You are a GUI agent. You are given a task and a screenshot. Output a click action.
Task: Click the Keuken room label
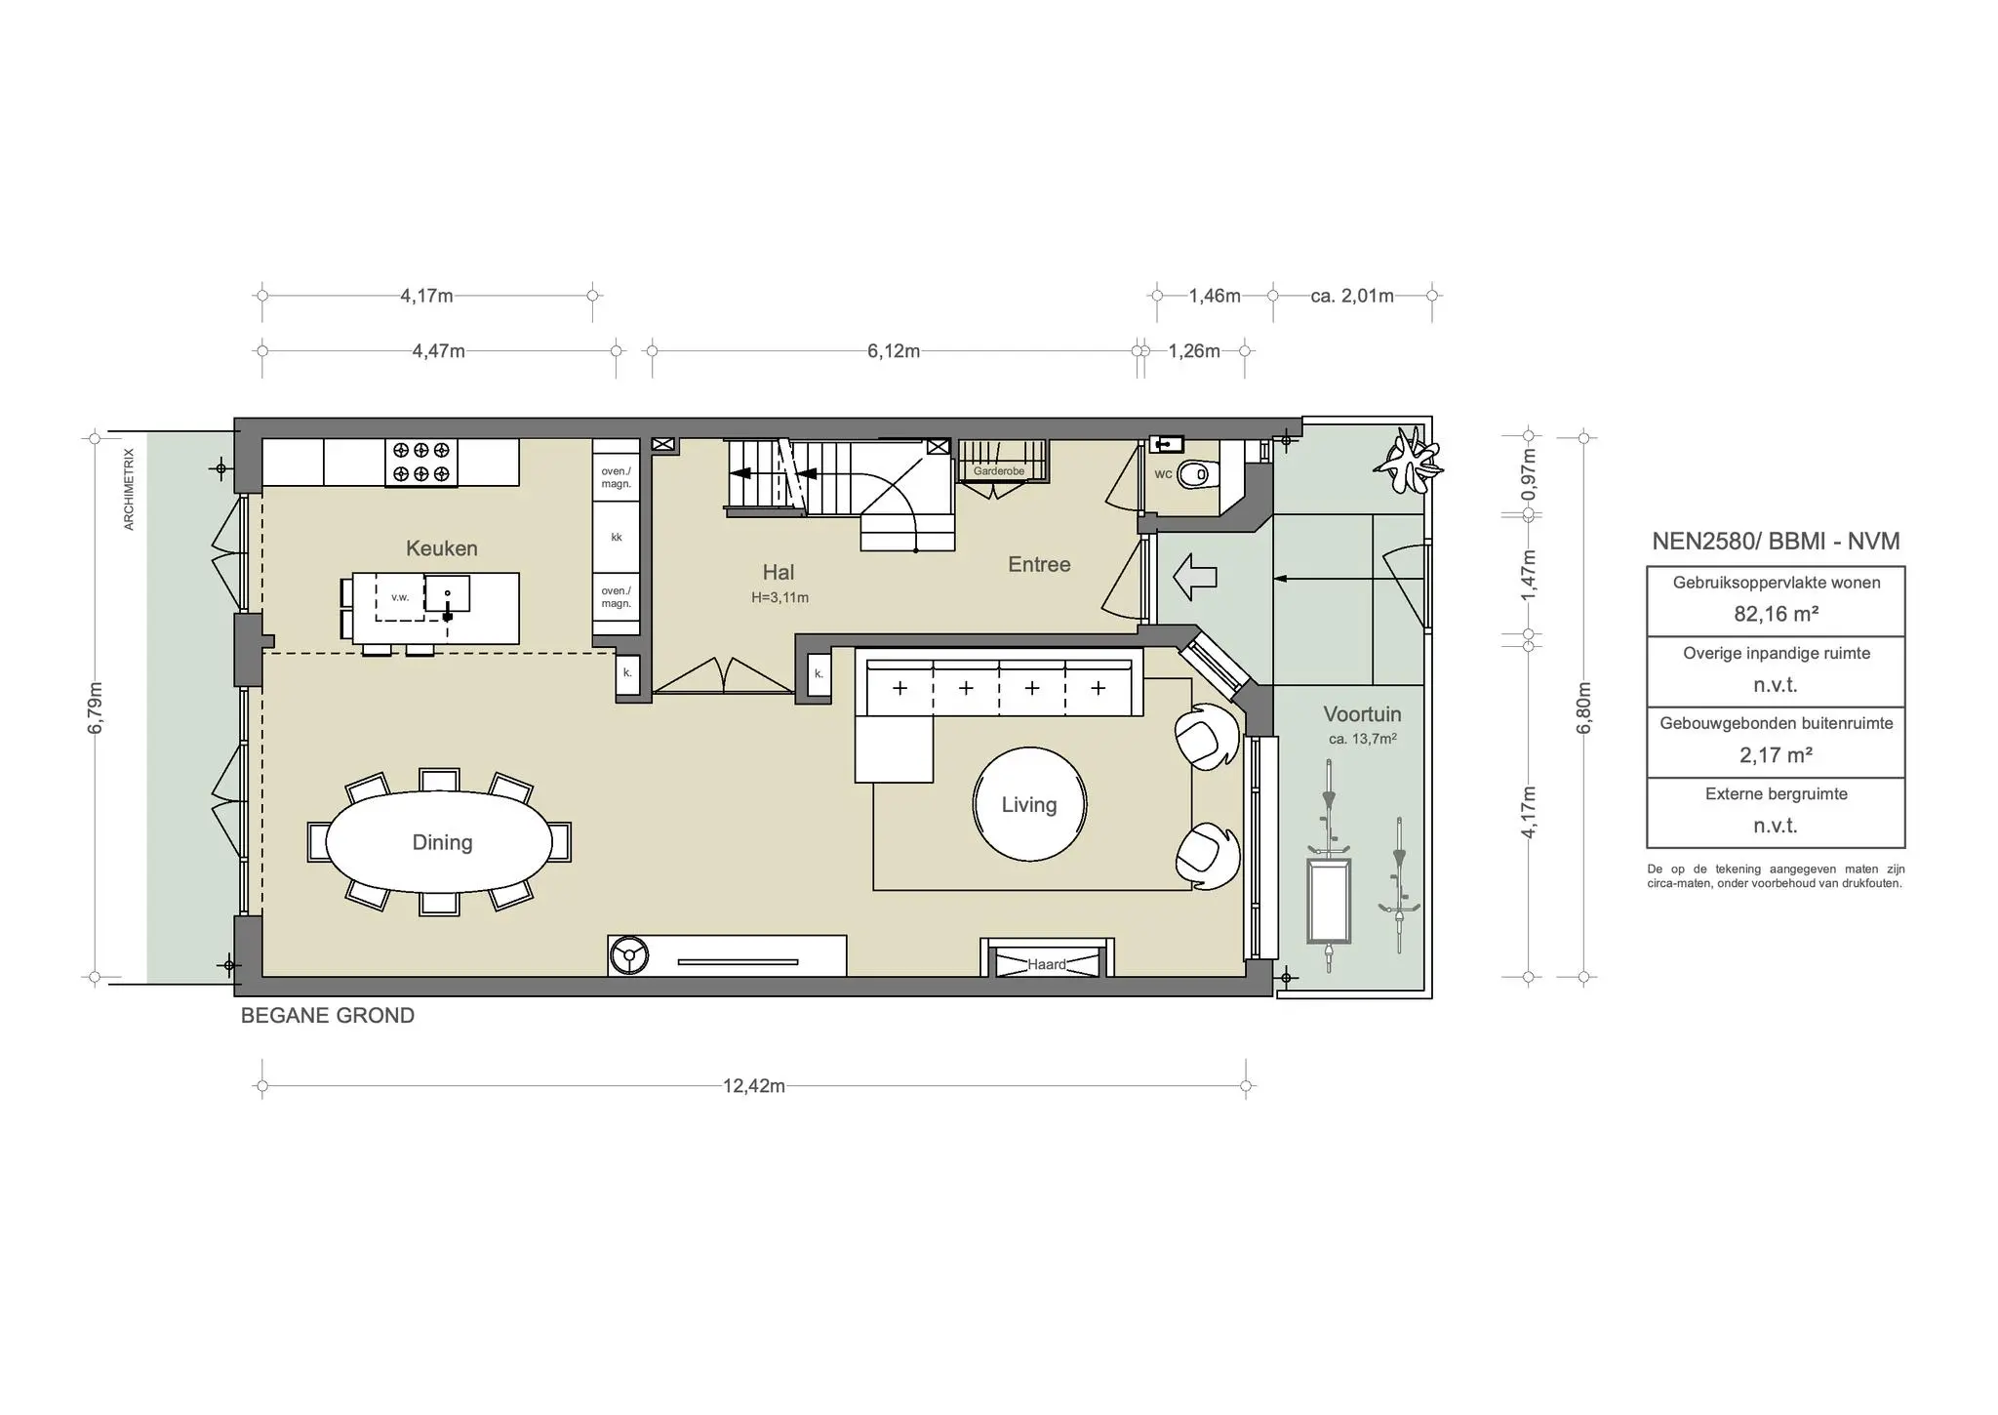[442, 548]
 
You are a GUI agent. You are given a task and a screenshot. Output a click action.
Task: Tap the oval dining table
[442, 842]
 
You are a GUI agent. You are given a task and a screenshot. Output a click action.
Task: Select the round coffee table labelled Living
[1029, 804]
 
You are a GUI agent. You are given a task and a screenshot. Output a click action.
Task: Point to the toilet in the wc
[1194, 475]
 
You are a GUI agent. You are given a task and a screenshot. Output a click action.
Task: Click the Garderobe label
[999, 471]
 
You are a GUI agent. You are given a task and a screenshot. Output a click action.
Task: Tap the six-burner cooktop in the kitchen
[421, 463]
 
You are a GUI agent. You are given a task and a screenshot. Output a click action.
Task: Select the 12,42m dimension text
[754, 1086]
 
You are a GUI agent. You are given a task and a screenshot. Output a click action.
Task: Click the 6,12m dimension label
[894, 350]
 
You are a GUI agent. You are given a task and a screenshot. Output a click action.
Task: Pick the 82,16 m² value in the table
[1776, 614]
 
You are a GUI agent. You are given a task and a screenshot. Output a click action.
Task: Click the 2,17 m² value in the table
[1776, 754]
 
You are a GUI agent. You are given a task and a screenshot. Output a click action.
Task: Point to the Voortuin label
[1362, 714]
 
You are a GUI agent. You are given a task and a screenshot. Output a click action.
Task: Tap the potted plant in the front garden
[1408, 462]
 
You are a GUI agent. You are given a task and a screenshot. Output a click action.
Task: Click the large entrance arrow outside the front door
[1194, 577]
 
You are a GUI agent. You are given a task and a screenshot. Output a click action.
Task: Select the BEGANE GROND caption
[328, 1016]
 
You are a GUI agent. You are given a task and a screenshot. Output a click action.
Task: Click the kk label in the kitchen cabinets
[617, 538]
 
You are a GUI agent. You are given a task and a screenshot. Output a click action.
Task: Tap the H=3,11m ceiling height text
[779, 597]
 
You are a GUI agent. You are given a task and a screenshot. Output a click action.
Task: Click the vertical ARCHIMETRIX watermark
[129, 489]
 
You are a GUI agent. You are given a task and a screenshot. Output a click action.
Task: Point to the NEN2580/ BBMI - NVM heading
[1776, 542]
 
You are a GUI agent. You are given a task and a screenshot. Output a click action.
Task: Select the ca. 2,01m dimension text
[1352, 296]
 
